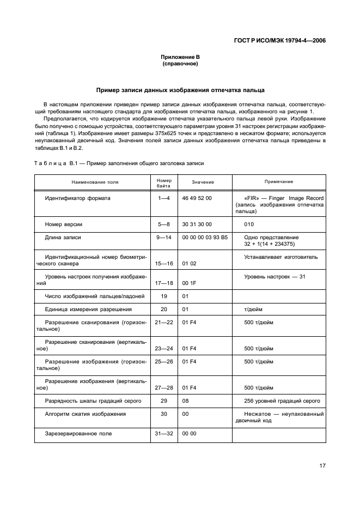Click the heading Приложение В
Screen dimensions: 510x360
180,57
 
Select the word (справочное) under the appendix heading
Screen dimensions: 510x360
180,64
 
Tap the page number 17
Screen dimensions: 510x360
322,465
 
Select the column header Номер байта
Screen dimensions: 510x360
164,182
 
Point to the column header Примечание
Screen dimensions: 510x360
278,181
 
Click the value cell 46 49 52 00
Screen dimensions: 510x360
197,198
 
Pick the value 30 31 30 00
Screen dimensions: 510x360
197,224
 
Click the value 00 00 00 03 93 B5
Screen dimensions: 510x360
205,238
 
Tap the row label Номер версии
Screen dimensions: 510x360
64,224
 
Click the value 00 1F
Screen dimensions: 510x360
189,283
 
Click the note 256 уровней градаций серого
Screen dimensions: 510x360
282,401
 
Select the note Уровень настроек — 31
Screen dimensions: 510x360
274,277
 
